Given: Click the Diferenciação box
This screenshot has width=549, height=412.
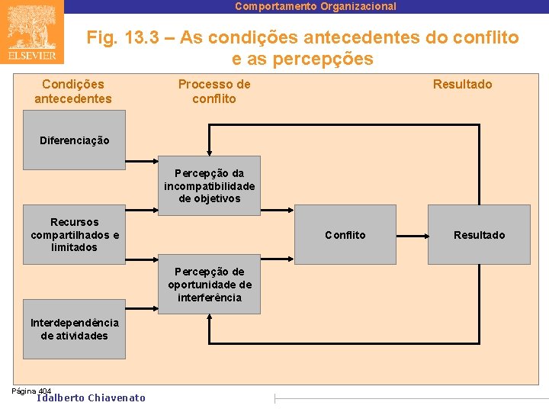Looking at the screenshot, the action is pyautogui.click(x=74, y=140).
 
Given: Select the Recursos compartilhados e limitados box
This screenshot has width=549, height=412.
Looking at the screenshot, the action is pyautogui.click(x=74, y=234).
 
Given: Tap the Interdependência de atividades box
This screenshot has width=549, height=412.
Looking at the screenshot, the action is pyautogui.click(x=74, y=330).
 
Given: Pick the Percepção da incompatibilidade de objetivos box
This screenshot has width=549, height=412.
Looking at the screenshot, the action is pyautogui.click(x=209, y=185).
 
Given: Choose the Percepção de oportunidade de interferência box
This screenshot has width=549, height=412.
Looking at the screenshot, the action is pyautogui.click(x=209, y=285).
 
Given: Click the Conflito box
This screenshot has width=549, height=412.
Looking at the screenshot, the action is pyautogui.click(x=345, y=235).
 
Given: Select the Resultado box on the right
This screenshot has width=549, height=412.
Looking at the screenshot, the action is pyautogui.click(x=479, y=235).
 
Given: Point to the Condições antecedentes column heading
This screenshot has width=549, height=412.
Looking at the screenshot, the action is pyautogui.click(x=73, y=92).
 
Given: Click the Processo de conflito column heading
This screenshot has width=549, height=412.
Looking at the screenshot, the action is pyautogui.click(x=214, y=92).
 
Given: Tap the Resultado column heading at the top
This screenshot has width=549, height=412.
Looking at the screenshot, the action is pyautogui.click(x=462, y=84).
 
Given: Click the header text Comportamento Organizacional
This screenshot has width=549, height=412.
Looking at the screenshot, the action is pyautogui.click(x=316, y=6).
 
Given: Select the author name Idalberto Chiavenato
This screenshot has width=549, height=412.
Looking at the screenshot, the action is pyautogui.click(x=91, y=398).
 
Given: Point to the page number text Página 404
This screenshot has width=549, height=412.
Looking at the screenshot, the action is pyautogui.click(x=31, y=391).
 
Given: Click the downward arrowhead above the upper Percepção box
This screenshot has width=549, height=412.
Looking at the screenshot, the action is pyautogui.click(x=209, y=153).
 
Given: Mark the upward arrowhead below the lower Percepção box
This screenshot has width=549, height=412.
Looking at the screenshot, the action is pyautogui.click(x=209, y=318).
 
